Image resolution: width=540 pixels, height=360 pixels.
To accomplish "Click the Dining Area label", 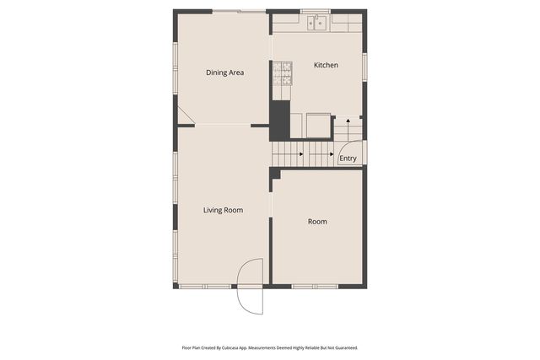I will (225, 73).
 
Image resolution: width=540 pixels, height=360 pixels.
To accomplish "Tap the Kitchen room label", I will (326, 65).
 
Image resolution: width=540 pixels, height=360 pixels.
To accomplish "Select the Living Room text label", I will (223, 210).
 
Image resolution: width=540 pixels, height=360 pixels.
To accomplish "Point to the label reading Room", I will (317, 222).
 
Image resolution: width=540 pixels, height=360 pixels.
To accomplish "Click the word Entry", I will (348, 159).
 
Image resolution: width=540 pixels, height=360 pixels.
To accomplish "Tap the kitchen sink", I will (318, 23).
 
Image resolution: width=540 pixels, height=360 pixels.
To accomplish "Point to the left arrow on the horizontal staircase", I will (301, 154).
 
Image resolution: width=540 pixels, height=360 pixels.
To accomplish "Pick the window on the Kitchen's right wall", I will (364, 67).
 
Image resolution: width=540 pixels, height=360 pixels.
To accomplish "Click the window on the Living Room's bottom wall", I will (205, 287).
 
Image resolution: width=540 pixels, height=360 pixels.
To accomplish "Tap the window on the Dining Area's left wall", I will (175, 62).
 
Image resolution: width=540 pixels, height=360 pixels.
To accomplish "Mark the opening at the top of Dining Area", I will (239, 11).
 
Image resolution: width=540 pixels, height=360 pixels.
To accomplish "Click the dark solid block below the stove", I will (279, 118).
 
